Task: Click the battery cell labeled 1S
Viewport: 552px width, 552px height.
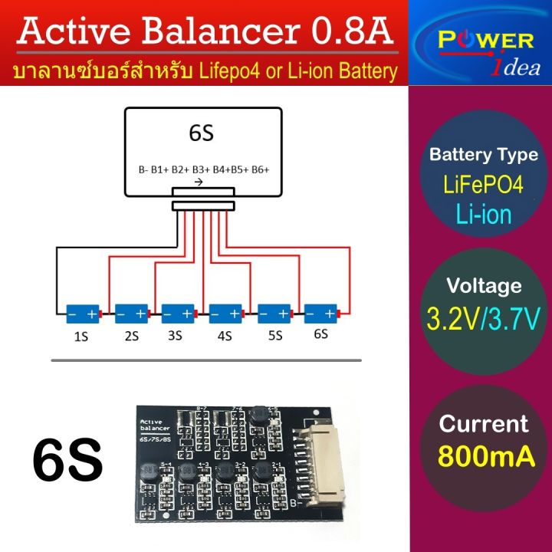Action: click(x=82, y=314)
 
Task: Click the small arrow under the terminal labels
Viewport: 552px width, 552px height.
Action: click(x=199, y=182)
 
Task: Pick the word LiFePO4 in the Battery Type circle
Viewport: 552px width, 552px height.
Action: click(x=484, y=185)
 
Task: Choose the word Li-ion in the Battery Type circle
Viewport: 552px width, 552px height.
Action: click(x=484, y=214)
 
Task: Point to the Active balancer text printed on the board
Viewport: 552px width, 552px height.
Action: click(x=156, y=426)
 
